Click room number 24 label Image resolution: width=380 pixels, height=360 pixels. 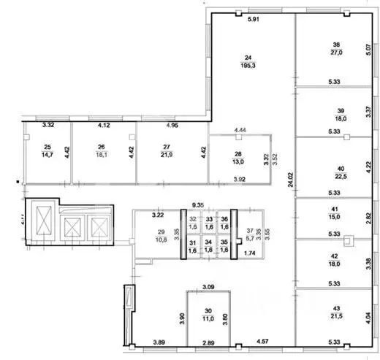coord(248,57)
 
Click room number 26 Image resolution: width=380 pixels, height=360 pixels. coord(102,146)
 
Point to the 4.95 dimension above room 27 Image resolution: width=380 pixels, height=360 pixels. coord(172,126)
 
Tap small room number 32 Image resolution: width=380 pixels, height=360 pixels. coord(193,219)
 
